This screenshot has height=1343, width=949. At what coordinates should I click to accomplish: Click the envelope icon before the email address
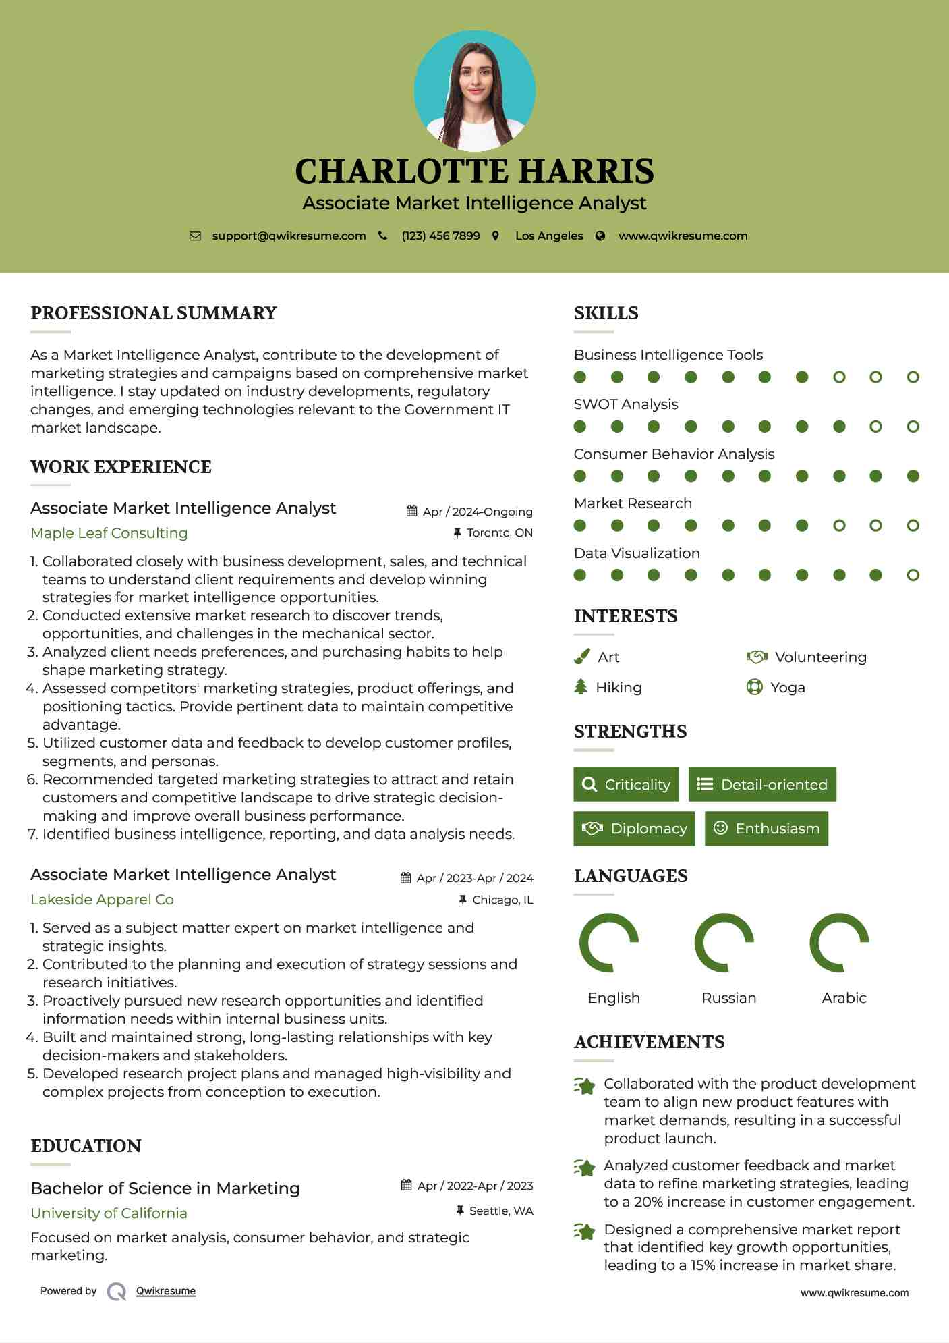click(195, 236)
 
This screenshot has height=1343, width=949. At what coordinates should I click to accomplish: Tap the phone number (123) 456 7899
click(440, 236)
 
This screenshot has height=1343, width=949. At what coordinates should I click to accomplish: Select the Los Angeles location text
click(549, 236)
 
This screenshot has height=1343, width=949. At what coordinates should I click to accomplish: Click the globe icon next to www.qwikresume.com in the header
click(600, 236)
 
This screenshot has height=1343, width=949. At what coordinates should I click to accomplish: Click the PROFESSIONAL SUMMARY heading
click(154, 313)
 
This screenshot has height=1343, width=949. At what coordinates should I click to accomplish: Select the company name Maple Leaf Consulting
click(109, 533)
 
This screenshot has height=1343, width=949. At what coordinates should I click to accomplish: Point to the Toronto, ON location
click(499, 533)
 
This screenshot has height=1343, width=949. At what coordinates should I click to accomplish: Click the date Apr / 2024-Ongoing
click(478, 512)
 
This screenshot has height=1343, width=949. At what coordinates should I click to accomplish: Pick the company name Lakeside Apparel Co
click(102, 900)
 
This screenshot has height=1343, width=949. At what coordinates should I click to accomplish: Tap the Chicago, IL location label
click(502, 900)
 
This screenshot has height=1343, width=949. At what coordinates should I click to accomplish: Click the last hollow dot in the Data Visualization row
click(913, 575)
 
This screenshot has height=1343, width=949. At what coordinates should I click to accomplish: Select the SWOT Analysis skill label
click(626, 404)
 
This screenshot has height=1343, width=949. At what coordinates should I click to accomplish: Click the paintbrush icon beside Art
click(581, 657)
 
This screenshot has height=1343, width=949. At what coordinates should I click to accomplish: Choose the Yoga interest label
click(788, 688)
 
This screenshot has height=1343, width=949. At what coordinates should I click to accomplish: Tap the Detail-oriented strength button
click(762, 784)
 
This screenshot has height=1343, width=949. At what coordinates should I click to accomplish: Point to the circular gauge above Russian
click(724, 943)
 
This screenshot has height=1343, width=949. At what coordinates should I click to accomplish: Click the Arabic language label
click(844, 998)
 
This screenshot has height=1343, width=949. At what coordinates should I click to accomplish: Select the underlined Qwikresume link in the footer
click(166, 1291)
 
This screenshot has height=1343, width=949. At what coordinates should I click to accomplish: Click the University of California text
click(109, 1213)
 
